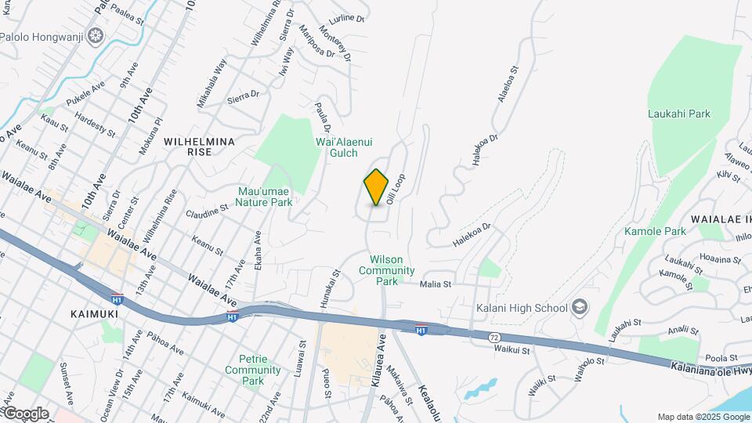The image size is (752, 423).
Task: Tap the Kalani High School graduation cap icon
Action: [580, 307]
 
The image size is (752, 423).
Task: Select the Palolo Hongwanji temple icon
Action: [96, 36]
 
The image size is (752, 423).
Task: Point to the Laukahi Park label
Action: [678, 114]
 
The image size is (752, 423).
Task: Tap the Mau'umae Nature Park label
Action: [266, 196]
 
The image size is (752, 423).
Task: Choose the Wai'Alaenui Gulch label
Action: [342, 147]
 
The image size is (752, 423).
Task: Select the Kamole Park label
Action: [655, 231]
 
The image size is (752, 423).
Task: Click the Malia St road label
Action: [436, 284]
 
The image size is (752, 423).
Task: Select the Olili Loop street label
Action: [396, 189]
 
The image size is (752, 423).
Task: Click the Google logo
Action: [25, 414]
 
